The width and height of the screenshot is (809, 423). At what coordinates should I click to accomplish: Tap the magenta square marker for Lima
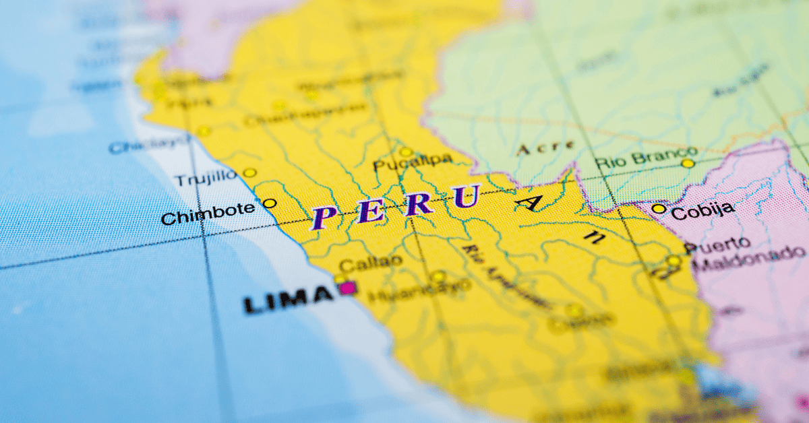(348, 288)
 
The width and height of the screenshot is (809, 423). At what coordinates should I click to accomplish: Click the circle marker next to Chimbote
(270, 203)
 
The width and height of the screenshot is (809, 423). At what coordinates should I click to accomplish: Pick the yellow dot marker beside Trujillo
(249, 172)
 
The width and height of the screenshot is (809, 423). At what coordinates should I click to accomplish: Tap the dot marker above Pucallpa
(406, 152)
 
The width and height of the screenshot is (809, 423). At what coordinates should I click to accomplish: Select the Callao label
(371, 262)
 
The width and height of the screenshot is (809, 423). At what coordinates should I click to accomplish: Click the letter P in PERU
(324, 218)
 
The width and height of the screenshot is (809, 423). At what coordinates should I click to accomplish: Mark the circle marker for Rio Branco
(688, 163)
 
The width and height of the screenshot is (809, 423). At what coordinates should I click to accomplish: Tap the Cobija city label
(702, 209)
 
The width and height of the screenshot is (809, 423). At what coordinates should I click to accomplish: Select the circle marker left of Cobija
(659, 209)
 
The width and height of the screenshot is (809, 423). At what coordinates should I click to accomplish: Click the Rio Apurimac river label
(503, 276)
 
